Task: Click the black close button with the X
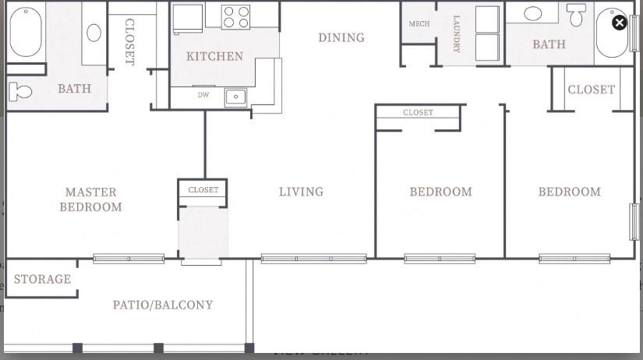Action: pos(619,23)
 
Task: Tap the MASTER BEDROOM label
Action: pos(90,199)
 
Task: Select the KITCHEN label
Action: pos(214,56)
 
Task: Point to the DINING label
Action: pos(341,37)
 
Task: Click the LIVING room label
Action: pos(301,192)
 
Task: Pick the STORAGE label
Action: pos(42,279)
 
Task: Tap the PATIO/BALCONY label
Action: pos(163,305)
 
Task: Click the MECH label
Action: pos(419,24)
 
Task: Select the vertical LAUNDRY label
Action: pos(456,34)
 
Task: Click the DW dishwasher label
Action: pos(203,96)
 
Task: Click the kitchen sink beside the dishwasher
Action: pos(235,97)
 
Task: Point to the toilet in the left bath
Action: pos(20,91)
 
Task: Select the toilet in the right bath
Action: pos(576,14)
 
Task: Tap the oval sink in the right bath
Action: pos(534,14)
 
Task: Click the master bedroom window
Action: pos(129,259)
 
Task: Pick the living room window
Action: pos(313,259)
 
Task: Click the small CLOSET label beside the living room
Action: pos(203,190)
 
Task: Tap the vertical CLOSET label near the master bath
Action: pos(129,42)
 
